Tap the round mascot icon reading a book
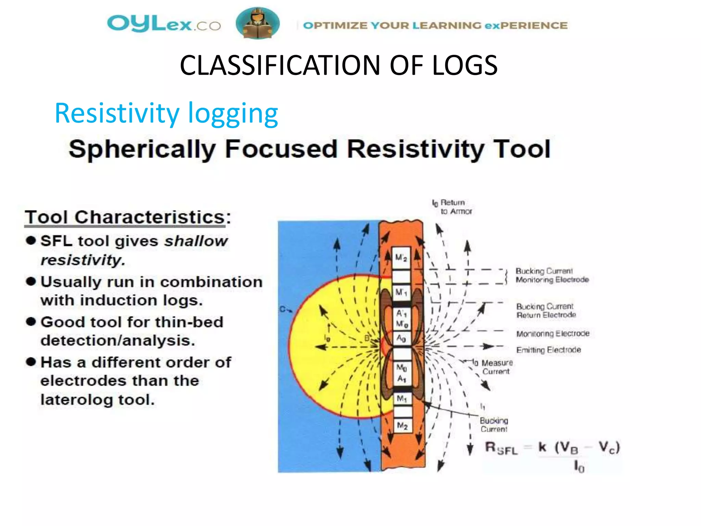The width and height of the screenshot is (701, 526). pyautogui.click(x=257, y=23)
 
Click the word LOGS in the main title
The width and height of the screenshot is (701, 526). pyautogui.click(x=464, y=65)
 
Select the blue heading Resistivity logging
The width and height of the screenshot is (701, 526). pyautogui.click(x=166, y=113)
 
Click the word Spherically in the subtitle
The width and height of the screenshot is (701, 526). pyautogui.click(x=142, y=149)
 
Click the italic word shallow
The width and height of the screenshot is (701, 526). pyautogui.click(x=196, y=241)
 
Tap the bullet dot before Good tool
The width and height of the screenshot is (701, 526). pyautogui.click(x=31, y=322)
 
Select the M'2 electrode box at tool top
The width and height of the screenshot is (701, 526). pyautogui.click(x=401, y=258)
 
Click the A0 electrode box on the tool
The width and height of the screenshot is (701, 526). pyautogui.click(x=401, y=339)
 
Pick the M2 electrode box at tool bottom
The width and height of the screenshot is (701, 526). pyautogui.click(x=402, y=426)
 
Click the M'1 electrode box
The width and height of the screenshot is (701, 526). pyautogui.click(x=401, y=292)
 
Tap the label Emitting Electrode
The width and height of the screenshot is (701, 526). pyautogui.click(x=548, y=350)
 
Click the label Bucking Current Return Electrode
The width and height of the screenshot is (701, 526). pyautogui.click(x=546, y=311)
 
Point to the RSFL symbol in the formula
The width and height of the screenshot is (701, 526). pyautogui.click(x=501, y=448)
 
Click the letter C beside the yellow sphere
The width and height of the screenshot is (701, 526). pyautogui.click(x=283, y=309)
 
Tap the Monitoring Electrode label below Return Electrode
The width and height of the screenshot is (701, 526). pyautogui.click(x=552, y=334)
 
